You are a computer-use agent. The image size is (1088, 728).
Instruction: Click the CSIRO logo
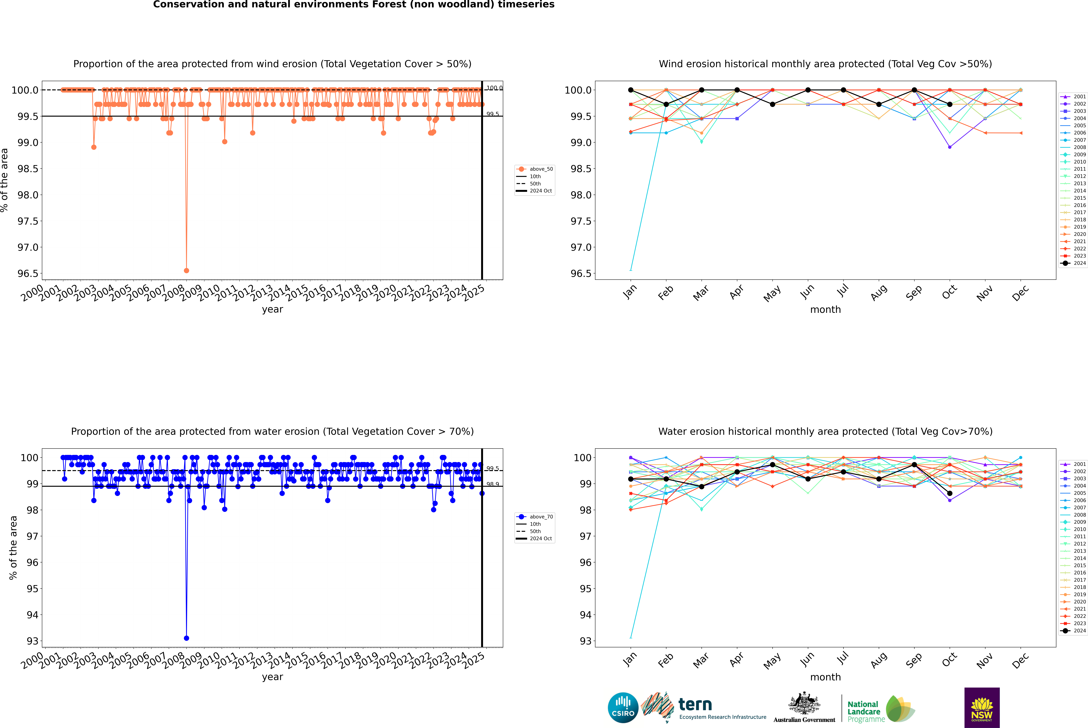(x=623, y=708)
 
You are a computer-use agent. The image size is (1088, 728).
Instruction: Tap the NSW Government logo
(x=982, y=708)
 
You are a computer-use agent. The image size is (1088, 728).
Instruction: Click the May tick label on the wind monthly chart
(x=772, y=293)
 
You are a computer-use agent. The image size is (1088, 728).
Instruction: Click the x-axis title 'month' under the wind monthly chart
(x=825, y=310)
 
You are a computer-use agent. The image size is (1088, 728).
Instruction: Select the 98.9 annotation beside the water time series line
(x=492, y=484)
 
